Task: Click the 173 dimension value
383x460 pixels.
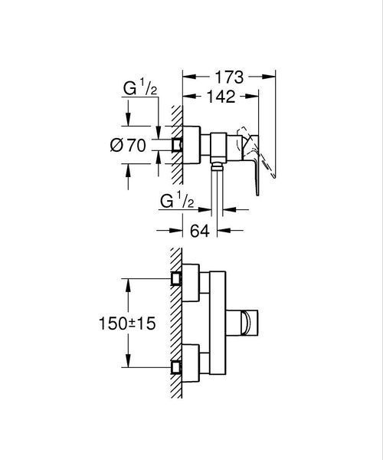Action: [229, 77]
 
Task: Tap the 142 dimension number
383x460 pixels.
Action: [221, 97]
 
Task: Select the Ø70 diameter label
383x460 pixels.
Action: [128, 145]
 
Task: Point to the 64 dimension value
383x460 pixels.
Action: [200, 231]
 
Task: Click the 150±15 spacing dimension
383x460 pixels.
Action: [127, 324]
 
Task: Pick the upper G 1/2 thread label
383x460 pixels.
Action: [139, 87]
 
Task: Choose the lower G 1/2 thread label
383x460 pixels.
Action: [177, 201]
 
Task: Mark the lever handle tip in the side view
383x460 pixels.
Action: [257, 194]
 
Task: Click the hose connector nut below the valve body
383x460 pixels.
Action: [217, 166]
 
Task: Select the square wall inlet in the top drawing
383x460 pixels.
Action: [176, 145]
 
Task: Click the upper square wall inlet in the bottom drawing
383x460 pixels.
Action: [176, 278]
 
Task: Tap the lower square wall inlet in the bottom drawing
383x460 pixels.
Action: [176, 367]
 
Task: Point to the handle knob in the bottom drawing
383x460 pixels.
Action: [244, 323]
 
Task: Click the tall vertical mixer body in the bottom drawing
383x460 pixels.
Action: [218, 323]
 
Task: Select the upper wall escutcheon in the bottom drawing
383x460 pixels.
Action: [191, 283]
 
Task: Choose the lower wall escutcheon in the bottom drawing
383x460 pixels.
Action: [191, 363]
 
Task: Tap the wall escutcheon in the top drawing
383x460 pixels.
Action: [191, 145]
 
